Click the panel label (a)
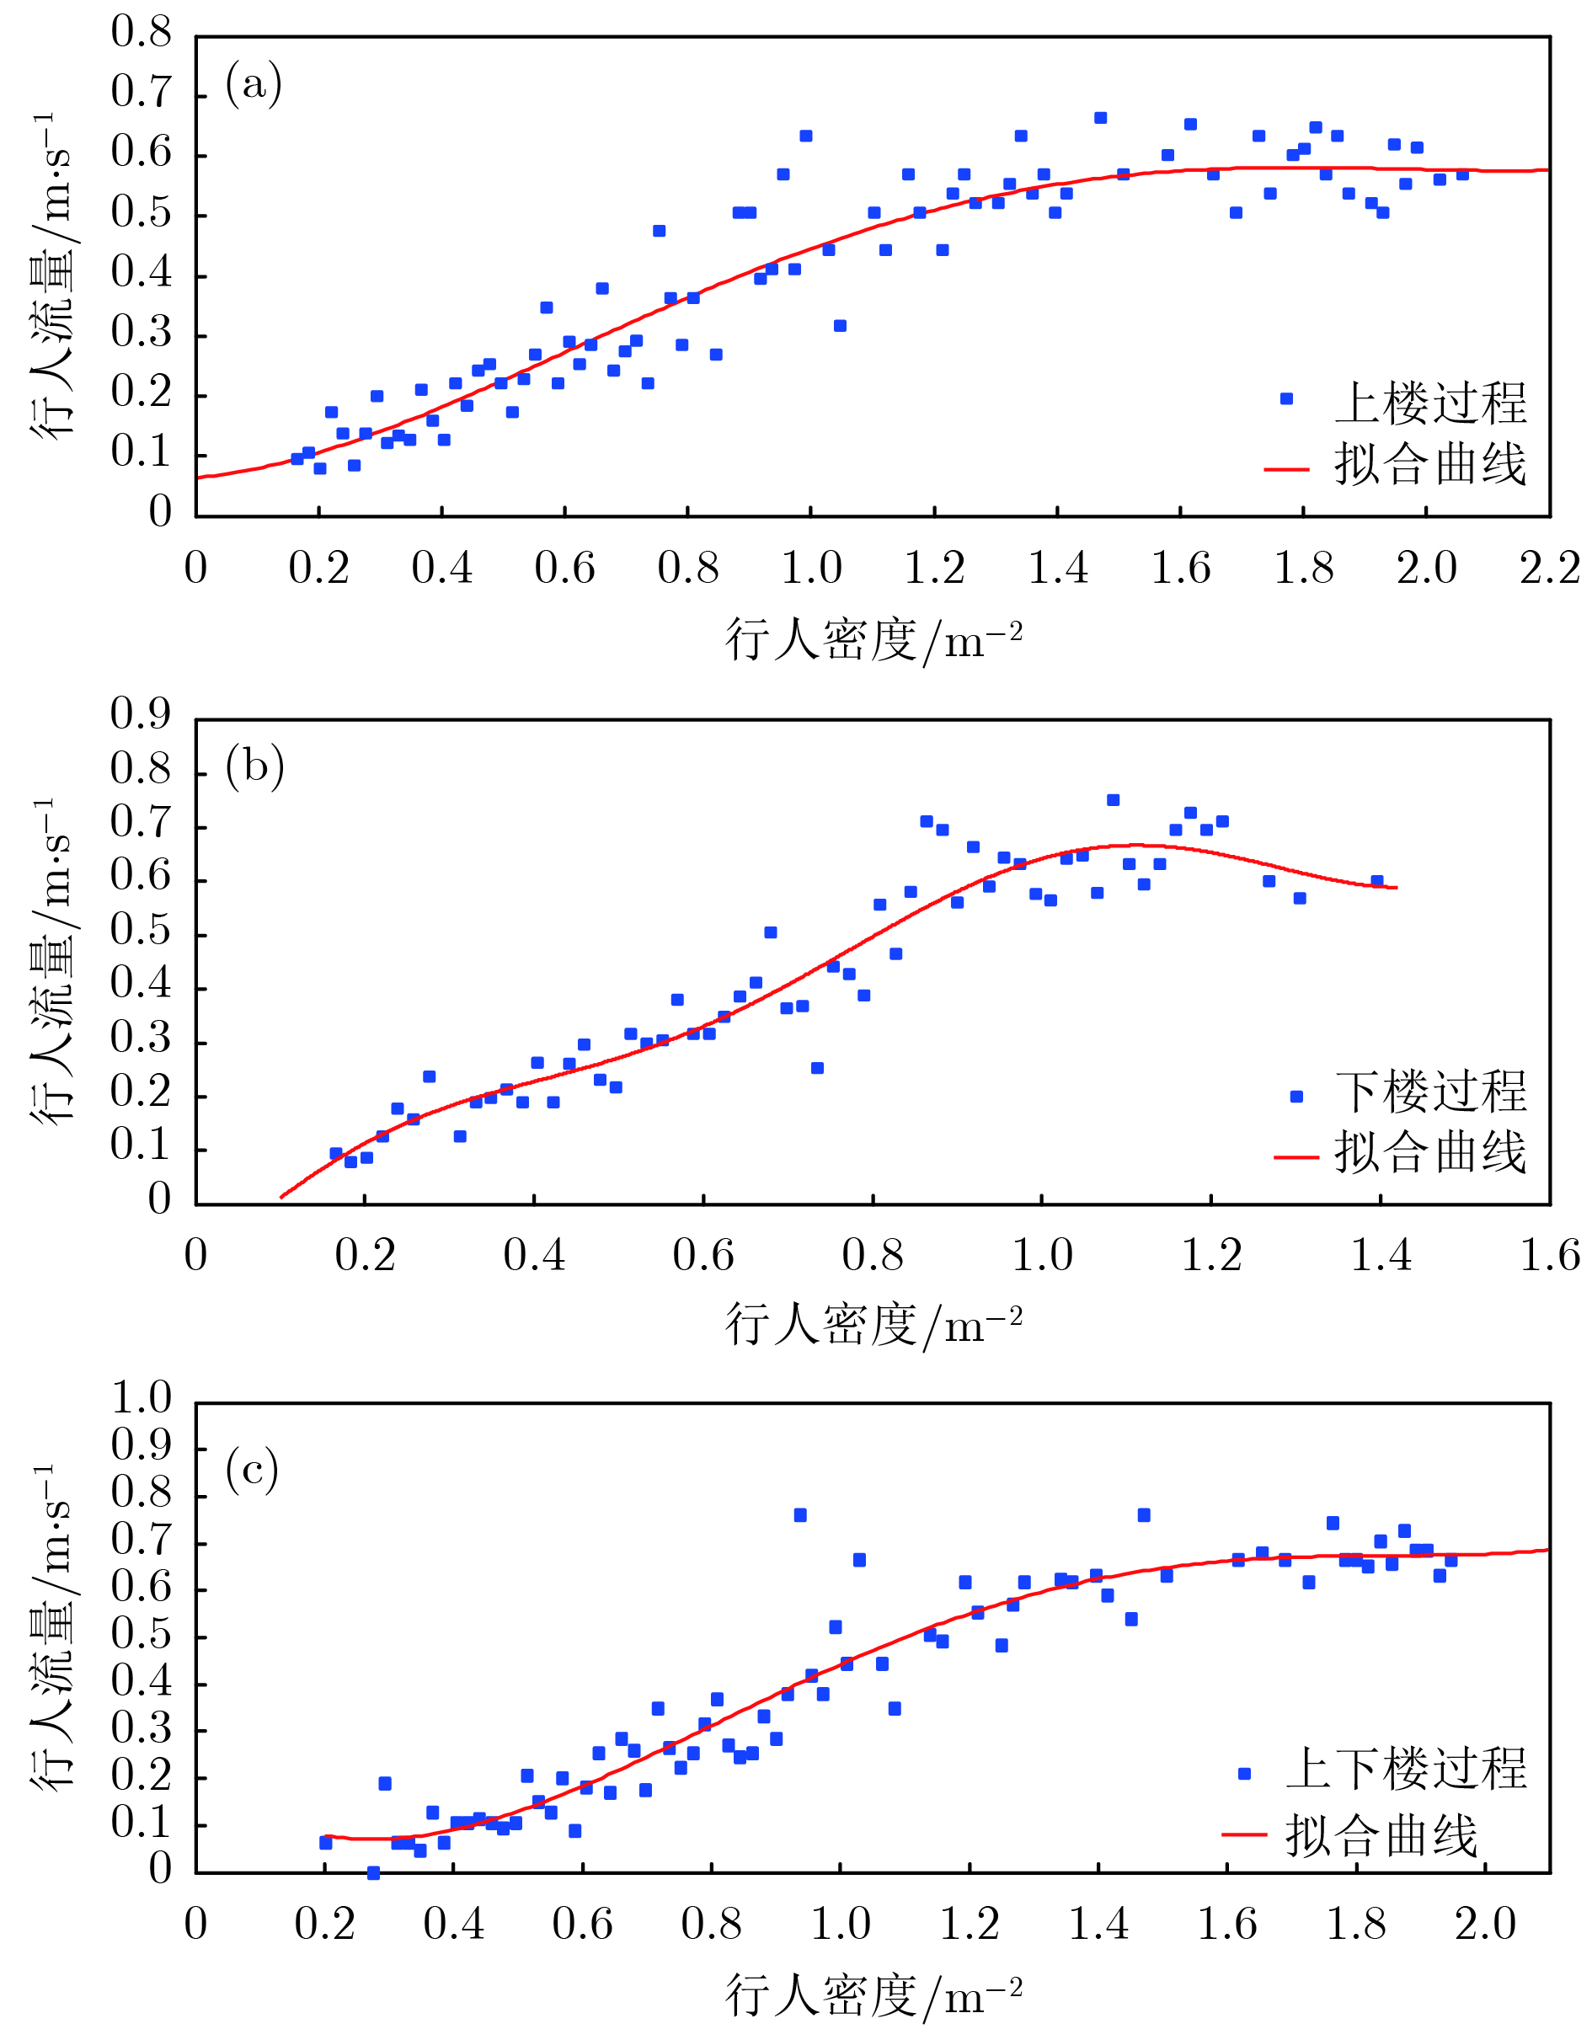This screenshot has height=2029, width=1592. tap(253, 85)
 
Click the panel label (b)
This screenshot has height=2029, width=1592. tap(254, 767)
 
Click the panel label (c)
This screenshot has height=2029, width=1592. tap(252, 1470)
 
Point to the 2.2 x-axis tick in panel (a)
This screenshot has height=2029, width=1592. tap(1549, 568)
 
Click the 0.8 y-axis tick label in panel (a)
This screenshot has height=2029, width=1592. tap(141, 34)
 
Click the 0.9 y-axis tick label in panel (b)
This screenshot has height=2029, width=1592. tap(141, 714)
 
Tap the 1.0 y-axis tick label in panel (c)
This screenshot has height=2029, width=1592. tap(141, 1397)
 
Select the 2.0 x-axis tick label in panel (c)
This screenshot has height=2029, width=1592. tap(1485, 1924)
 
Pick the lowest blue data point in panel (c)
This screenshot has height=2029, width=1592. tap(374, 1873)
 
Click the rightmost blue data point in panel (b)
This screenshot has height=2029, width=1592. tap(1376, 882)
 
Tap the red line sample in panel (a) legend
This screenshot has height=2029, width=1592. tap(1286, 470)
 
